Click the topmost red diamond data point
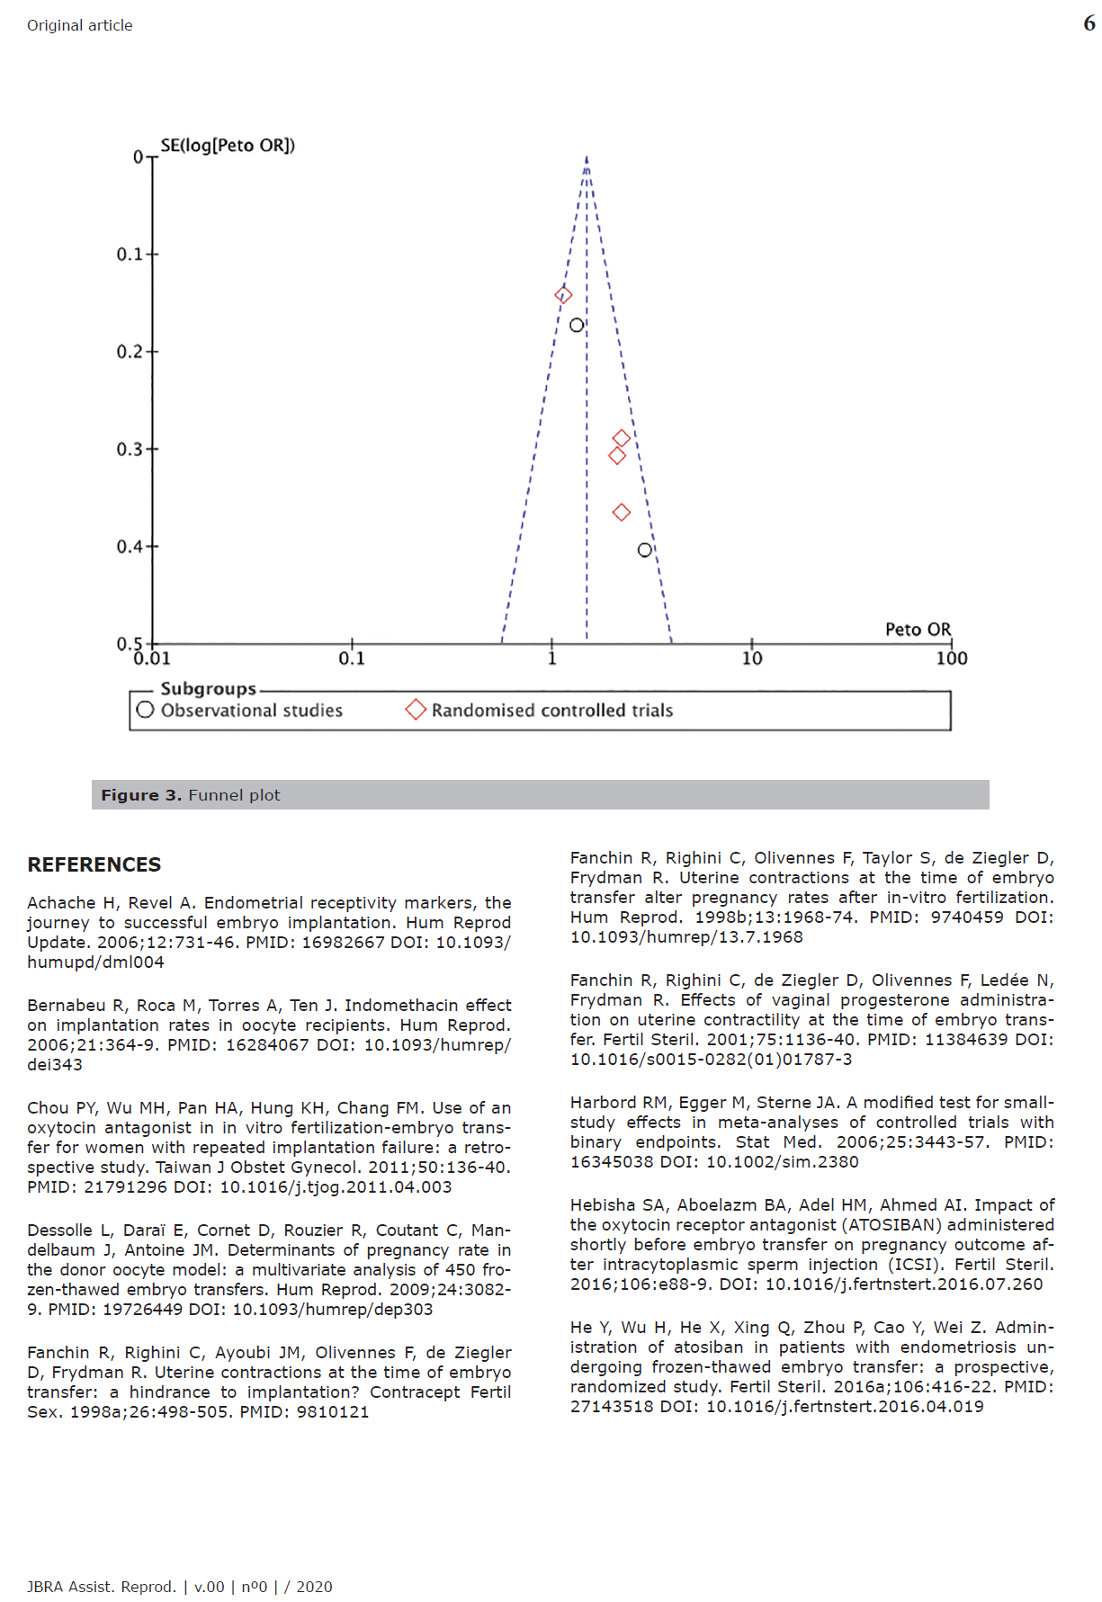pos(564,295)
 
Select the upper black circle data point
pos(577,325)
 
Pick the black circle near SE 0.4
pos(645,550)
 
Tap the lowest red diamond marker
pos(622,513)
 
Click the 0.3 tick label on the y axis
pos(130,449)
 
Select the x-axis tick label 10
pos(752,658)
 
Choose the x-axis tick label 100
pos(952,658)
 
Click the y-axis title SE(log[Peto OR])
pos(228,146)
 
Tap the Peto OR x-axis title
pos(918,630)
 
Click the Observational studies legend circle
pos(146,710)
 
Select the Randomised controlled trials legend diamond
pos(416,710)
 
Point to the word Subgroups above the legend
pos(208,689)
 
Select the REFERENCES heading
pos(94,865)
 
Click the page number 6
pos(1089,24)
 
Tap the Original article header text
pos(80,25)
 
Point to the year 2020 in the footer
pos(314,1587)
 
